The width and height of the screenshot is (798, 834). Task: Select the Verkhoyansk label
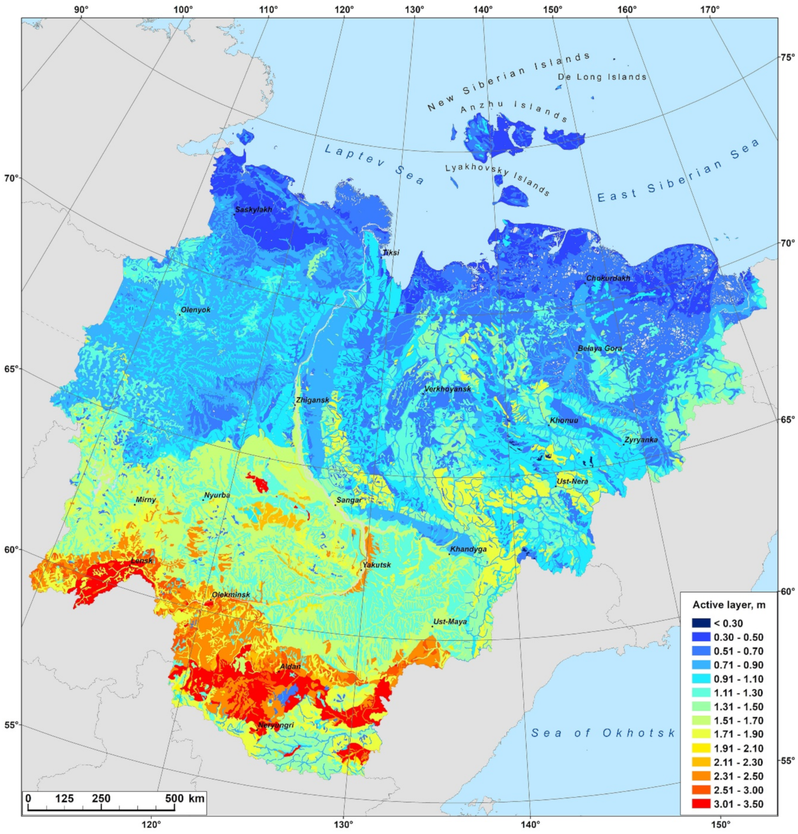[448, 389]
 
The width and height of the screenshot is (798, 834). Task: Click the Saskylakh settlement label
[254, 209]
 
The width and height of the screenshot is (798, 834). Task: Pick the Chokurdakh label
[608, 278]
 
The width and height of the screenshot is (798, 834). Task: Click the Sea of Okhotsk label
[603, 733]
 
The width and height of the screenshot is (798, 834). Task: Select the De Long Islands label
[602, 77]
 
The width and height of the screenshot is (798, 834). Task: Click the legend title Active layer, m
[729, 605]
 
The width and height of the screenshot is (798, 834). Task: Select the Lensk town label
[142, 561]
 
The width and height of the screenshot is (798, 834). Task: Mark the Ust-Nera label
[572, 481]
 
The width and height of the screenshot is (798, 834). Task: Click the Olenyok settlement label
[196, 310]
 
